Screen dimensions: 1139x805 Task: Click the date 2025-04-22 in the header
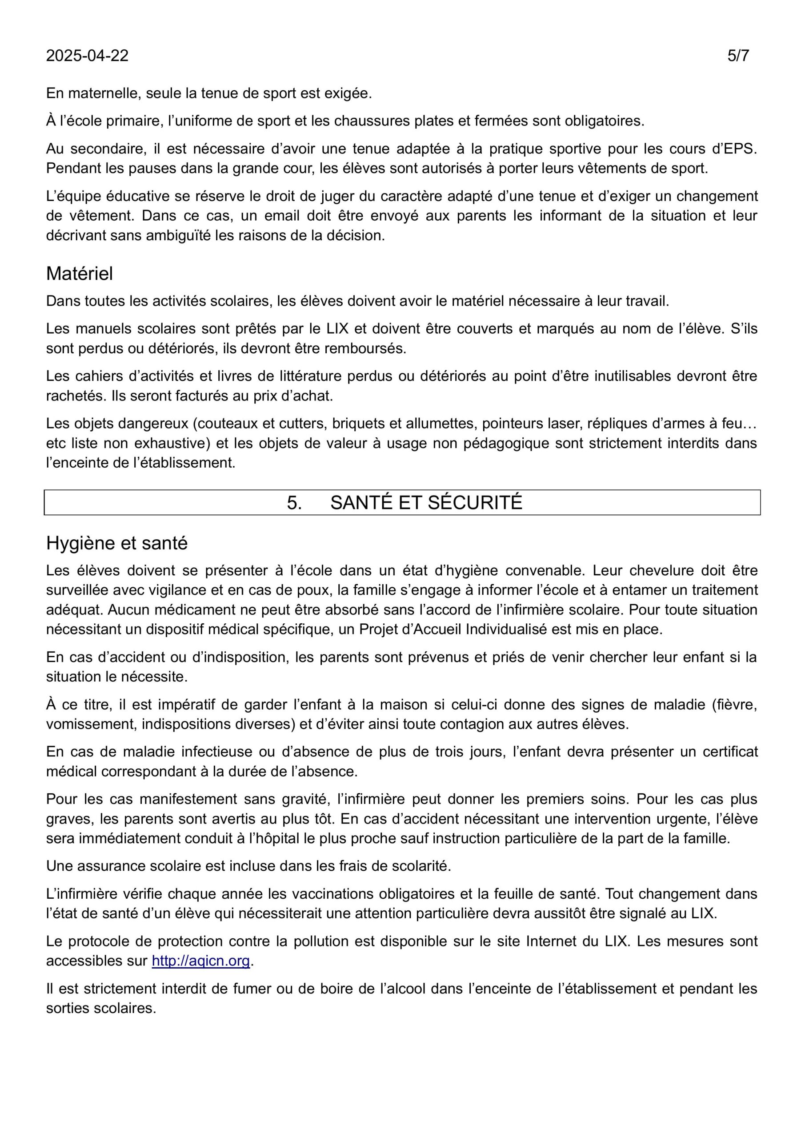click(87, 56)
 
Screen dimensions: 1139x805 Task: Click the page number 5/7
click(738, 56)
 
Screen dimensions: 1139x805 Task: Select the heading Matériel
click(79, 274)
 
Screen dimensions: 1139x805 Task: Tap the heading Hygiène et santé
click(117, 543)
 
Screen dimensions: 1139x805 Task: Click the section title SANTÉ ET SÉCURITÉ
click(426, 503)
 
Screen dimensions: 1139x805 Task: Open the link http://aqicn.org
click(201, 961)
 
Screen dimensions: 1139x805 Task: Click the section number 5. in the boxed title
click(294, 503)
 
